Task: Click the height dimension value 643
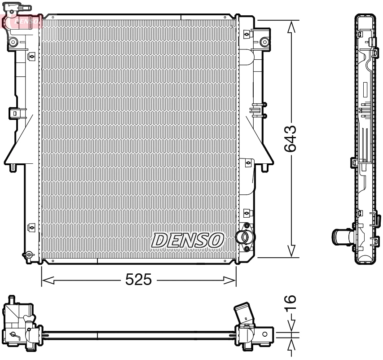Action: pos(290,139)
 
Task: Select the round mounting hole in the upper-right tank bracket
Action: pos(264,42)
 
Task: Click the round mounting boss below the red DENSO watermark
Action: pos(13,42)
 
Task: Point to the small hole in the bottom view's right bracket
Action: pos(264,334)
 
